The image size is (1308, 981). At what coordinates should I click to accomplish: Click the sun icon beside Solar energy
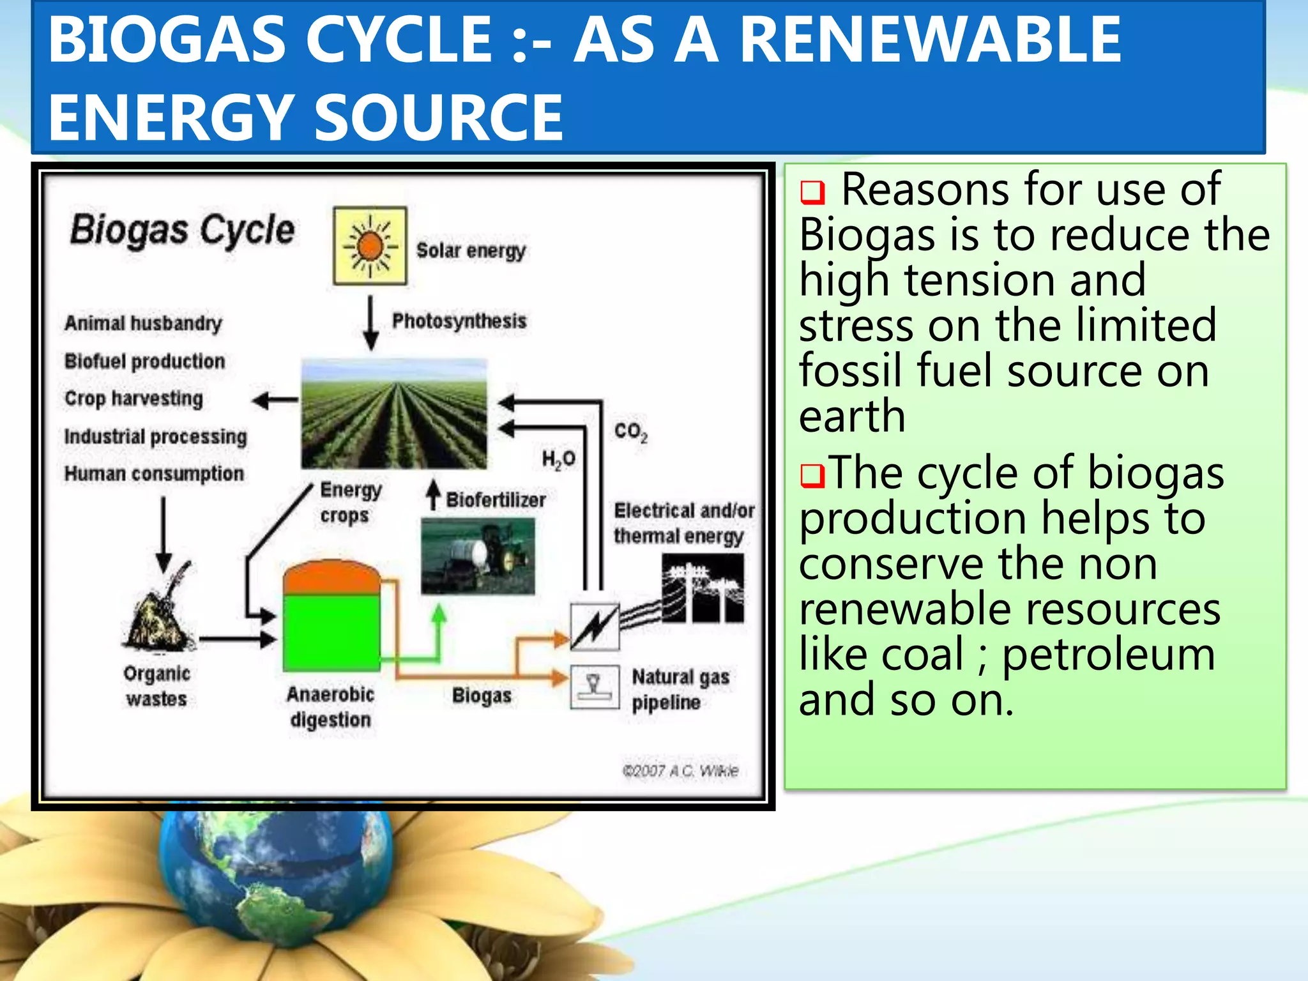(x=370, y=246)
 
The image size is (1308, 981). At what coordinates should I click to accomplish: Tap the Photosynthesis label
(x=459, y=321)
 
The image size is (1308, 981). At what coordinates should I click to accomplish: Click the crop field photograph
(x=394, y=414)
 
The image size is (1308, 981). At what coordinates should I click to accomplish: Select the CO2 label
(x=630, y=432)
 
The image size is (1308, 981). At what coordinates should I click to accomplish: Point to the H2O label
(x=558, y=459)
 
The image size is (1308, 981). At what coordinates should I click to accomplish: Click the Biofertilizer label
(x=496, y=499)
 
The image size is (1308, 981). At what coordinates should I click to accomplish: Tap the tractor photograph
(x=478, y=556)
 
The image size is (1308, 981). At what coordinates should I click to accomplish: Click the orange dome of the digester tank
(x=331, y=577)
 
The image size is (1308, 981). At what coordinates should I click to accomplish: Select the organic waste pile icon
(x=158, y=610)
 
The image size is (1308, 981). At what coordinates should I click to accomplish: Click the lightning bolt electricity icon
(x=595, y=626)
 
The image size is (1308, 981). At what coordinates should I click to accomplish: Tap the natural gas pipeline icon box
(x=595, y=687)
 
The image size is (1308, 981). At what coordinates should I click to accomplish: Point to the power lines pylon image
(x=703, y=588)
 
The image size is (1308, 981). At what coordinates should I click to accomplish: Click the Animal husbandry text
(x=143, y=323)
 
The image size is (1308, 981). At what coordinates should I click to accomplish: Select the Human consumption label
(x=154, y=474)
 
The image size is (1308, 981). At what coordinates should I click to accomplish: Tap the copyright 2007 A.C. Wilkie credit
(x=680, y=771)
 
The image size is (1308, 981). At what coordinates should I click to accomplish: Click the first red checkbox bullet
(x=812, y=192)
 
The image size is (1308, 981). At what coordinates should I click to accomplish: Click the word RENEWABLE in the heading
(x=930, y=40)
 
